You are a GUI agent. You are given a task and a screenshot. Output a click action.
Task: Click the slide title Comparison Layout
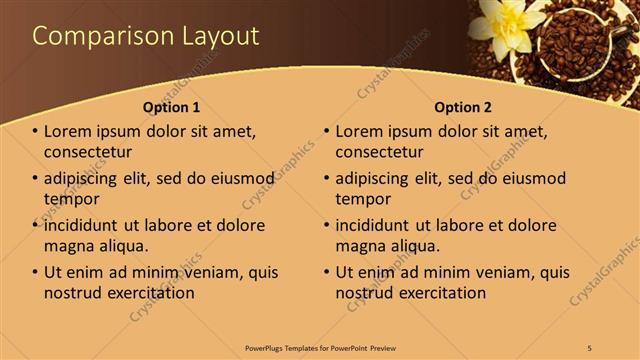[146, 36]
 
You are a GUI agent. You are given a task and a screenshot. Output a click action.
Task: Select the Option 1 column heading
[171, 107]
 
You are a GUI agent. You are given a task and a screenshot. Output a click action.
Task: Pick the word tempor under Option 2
[363, 198]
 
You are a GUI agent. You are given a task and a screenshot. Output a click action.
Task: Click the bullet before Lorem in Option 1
[36, 132]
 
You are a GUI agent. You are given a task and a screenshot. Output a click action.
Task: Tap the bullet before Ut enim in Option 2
[327, 273]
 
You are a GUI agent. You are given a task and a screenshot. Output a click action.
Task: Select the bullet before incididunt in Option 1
[36, 226]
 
